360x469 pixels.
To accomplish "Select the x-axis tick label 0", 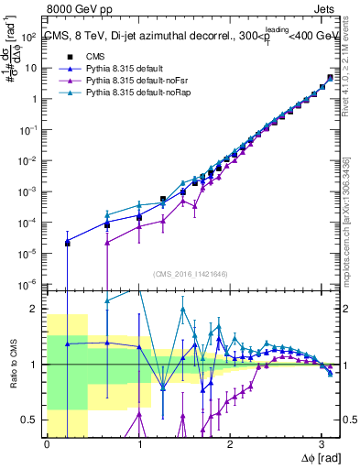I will click(x=47, y=444).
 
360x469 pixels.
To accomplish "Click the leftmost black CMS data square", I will click(x=67, y=243).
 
